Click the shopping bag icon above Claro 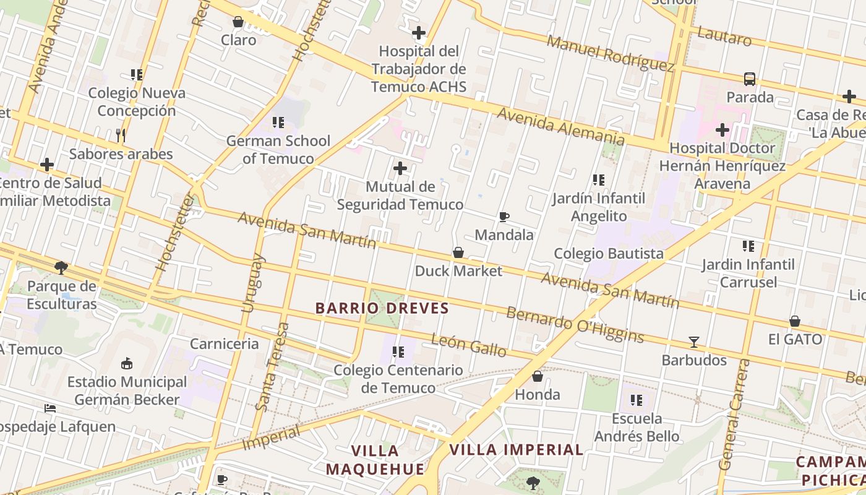238,22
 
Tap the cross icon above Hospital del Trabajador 419,33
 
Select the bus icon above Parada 750,79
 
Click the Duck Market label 458,270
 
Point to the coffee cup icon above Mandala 504,217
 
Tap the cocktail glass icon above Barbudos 694,342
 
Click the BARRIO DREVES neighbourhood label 382,308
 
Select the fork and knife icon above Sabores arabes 121,136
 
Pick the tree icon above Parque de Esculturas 61,268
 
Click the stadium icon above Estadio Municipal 127,363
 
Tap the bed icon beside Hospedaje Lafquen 50,408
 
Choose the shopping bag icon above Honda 538,376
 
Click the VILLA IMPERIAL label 516,450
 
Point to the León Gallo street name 468,345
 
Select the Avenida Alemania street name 560,127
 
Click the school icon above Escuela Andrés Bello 637,400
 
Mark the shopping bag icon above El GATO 795,321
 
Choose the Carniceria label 224,343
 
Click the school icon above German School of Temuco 278,123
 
